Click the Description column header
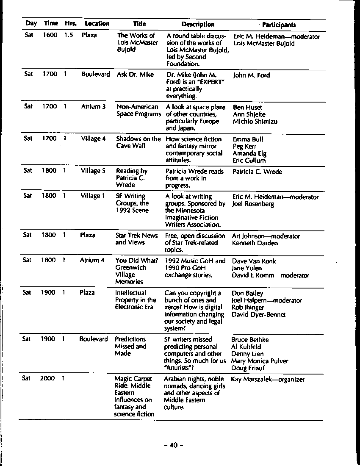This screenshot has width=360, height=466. click(198, 25)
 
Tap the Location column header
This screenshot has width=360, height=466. click(97, 24)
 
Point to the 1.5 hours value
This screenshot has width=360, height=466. click(69, 36)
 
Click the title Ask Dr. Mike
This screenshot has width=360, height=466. click(135, 75)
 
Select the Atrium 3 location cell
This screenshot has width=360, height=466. click(93, 107)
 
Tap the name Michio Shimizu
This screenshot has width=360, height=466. click(255, 122)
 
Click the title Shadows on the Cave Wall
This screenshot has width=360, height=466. click(138, 142)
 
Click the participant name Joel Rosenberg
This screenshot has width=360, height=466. click(253, 204)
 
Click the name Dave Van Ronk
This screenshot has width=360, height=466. click(254, 261)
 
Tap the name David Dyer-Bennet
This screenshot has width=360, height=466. click(258, 314)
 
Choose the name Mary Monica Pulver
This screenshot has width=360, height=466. click(259, 361)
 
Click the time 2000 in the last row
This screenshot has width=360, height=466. click(47, 378)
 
